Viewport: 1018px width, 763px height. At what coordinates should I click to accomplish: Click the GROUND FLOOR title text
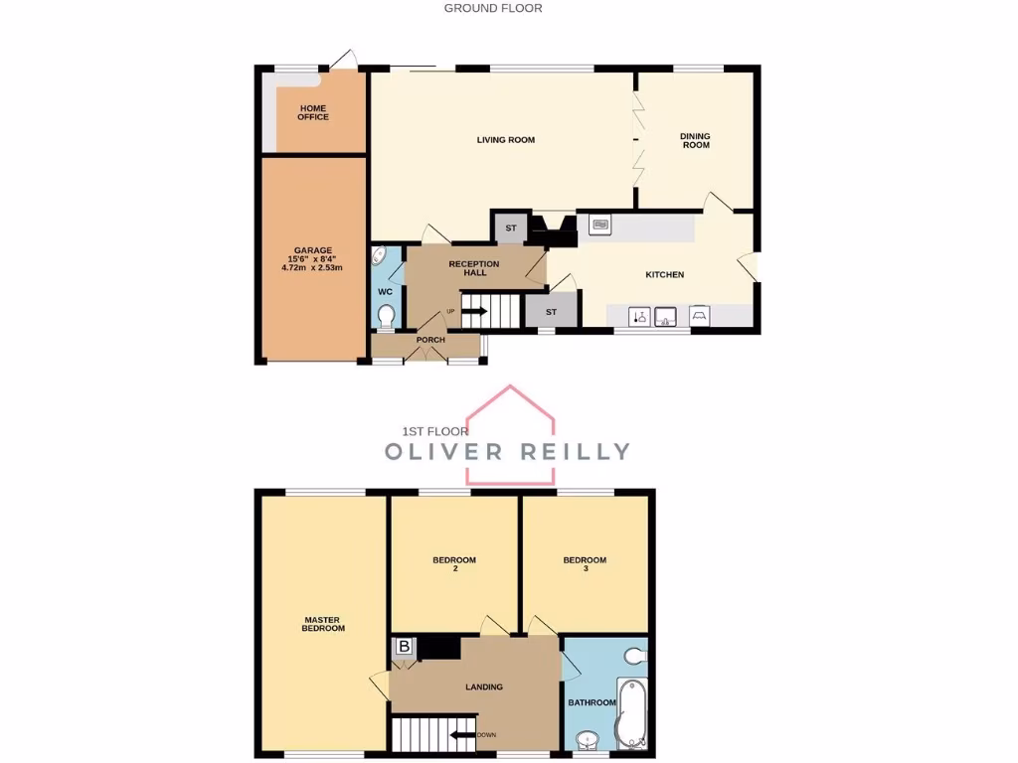click(x=493, y=8)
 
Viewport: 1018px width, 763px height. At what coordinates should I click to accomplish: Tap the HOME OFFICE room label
click(x=313, y=112)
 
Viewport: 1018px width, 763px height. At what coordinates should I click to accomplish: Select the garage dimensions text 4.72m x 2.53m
click(x=313, y=266)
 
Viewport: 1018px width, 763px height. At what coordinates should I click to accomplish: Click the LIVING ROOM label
click(x=505, y=140)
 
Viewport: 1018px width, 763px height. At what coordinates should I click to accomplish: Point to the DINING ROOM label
click(x=695, y=140)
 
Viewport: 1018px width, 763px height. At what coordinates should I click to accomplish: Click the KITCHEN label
click(x=665, y=274)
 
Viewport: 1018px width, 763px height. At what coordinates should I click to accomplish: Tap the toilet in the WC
click(x=386, y=317)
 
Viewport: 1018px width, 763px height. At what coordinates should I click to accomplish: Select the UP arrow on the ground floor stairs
click(x=473, y=311)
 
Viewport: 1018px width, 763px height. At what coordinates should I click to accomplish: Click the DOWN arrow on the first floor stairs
click(x=462, y=735)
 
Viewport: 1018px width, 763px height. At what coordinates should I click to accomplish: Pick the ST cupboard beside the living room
click(x=511, y=229)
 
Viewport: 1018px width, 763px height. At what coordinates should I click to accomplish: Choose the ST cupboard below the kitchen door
click(x=549, y=312)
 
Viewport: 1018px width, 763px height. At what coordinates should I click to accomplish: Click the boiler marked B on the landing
click(x=404, y=647)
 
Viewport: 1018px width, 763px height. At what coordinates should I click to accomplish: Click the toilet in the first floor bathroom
click(x=636, y=656)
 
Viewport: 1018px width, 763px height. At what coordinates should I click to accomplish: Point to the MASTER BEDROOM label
click(x=324, y=624)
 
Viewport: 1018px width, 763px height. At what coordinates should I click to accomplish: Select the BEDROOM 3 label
click(x=585, y=564)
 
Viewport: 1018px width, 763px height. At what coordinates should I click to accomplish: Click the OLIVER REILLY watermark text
click(x=507, y=451)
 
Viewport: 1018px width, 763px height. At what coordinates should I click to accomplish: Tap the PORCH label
click(x=430, y=340)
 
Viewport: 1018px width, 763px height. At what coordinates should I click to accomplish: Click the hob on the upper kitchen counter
click(x=600, y=226)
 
